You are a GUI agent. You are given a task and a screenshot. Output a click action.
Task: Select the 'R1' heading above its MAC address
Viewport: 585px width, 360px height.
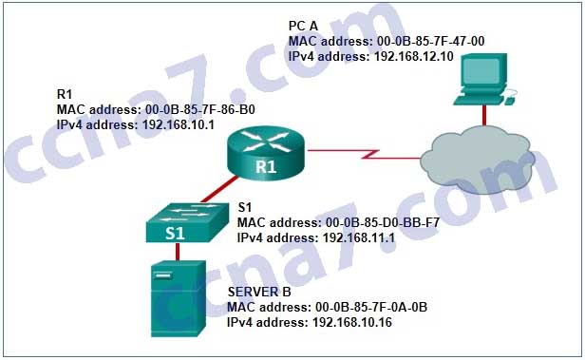[x=65, y=94]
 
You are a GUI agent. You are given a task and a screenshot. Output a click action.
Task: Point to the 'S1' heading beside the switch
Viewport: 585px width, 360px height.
[x=245, y=206]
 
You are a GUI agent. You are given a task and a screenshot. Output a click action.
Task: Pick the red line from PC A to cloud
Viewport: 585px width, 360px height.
[x=484, y=115]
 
